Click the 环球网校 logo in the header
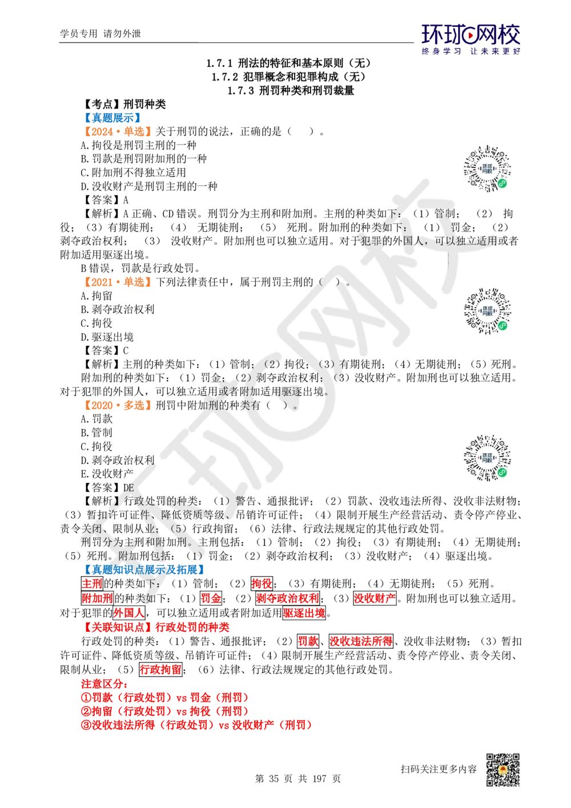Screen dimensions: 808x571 point(471,38)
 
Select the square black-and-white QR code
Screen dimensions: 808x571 point(502,770)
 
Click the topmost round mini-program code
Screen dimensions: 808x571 point(488,169)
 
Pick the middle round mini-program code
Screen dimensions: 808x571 point(488,311)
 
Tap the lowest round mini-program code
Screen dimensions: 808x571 point(488,457)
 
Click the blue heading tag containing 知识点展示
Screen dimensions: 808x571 point(143,570)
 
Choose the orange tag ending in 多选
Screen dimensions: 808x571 point(116,405)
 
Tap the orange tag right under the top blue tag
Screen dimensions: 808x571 point(116,131)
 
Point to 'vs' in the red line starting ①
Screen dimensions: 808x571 point(180,698)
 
